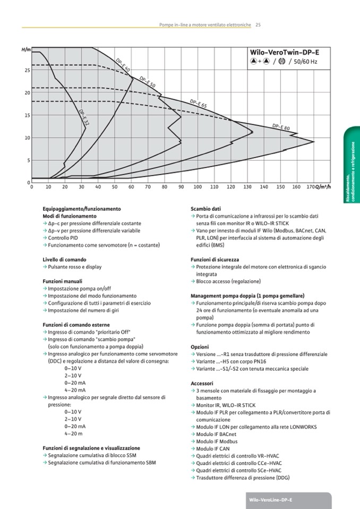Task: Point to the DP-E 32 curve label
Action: coord(83,117)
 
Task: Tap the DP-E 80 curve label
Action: coord(281,127)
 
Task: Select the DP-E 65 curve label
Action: coord(198,103)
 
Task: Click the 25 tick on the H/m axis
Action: coord(27,70)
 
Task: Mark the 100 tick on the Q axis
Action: coord(198,187)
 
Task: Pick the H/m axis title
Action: coord(25,49)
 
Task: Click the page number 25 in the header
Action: coord(258,24)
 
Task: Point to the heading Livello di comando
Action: coord(64,259)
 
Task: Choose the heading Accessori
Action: coord(202,383)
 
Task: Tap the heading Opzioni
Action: coord(199,347)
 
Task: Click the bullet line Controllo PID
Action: coord(63,238)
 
